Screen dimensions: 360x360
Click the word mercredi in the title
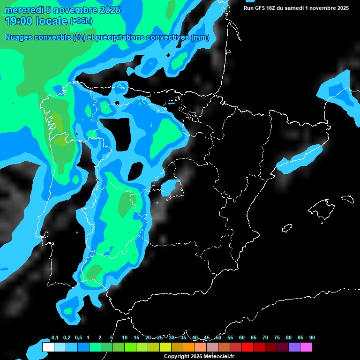(x=24, y=10)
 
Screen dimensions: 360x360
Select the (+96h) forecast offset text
(x=81, y=21)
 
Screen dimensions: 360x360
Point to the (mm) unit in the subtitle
(x=200, y=37)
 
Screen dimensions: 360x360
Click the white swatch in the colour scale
(x=48, y=347)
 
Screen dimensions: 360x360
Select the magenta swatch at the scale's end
(x=306, y=347)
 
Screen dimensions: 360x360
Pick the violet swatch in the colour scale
(x=294, y=347)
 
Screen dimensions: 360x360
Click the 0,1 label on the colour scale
(x=55, y=338)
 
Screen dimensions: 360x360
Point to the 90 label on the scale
(x=312, y=338)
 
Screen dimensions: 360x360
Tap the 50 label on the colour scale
(x=218, y=338)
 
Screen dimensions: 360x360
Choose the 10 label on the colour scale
(x=125, y=338)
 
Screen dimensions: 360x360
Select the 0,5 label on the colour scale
(x=78, y=338)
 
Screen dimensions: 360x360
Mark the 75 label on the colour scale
(x=277, y=338)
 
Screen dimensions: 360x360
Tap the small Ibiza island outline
(x=287, y=228)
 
